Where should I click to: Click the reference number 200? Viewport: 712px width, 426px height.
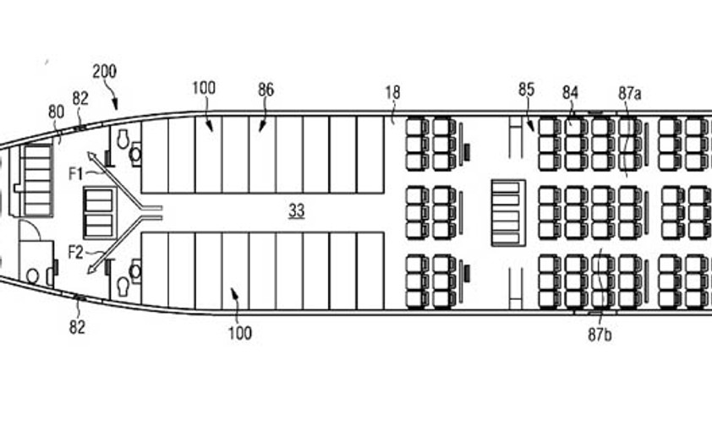click(x=105, y=71)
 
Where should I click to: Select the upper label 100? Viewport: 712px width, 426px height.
click(x=204, y=88)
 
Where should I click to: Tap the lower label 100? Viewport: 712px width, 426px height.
click(x=240, y=334)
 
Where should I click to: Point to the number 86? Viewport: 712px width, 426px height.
click(x=266, y=90)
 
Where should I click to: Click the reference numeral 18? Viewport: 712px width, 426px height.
click(x=392, y=92)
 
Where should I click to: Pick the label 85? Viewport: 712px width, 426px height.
click(x=526, y=90)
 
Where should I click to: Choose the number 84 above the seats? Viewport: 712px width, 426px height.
click(x=570, y=92)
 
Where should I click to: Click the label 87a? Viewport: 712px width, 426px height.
click(x=630, y=93)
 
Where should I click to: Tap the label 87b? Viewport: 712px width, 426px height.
click(x=600, y=335)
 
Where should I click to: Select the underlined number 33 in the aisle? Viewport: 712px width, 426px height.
click(x=297, y=210)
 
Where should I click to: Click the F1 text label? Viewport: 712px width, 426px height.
click(x=76, y=173)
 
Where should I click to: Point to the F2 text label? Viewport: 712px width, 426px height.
click(x=76, y=252)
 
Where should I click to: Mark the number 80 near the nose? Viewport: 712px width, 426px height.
click(x=57, y=112)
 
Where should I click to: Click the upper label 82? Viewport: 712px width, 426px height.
click(x=80, y=98)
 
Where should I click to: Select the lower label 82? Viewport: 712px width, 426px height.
click(x=77, y=327)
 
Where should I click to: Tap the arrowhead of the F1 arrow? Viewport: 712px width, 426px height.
click(x=91, y=157)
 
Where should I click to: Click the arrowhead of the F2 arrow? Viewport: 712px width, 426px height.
click(x=91, y=269)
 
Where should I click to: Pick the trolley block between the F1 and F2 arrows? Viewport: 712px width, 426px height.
click(x=98, y=213)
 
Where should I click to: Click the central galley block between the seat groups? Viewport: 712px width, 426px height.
click(x=508, y=213)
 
